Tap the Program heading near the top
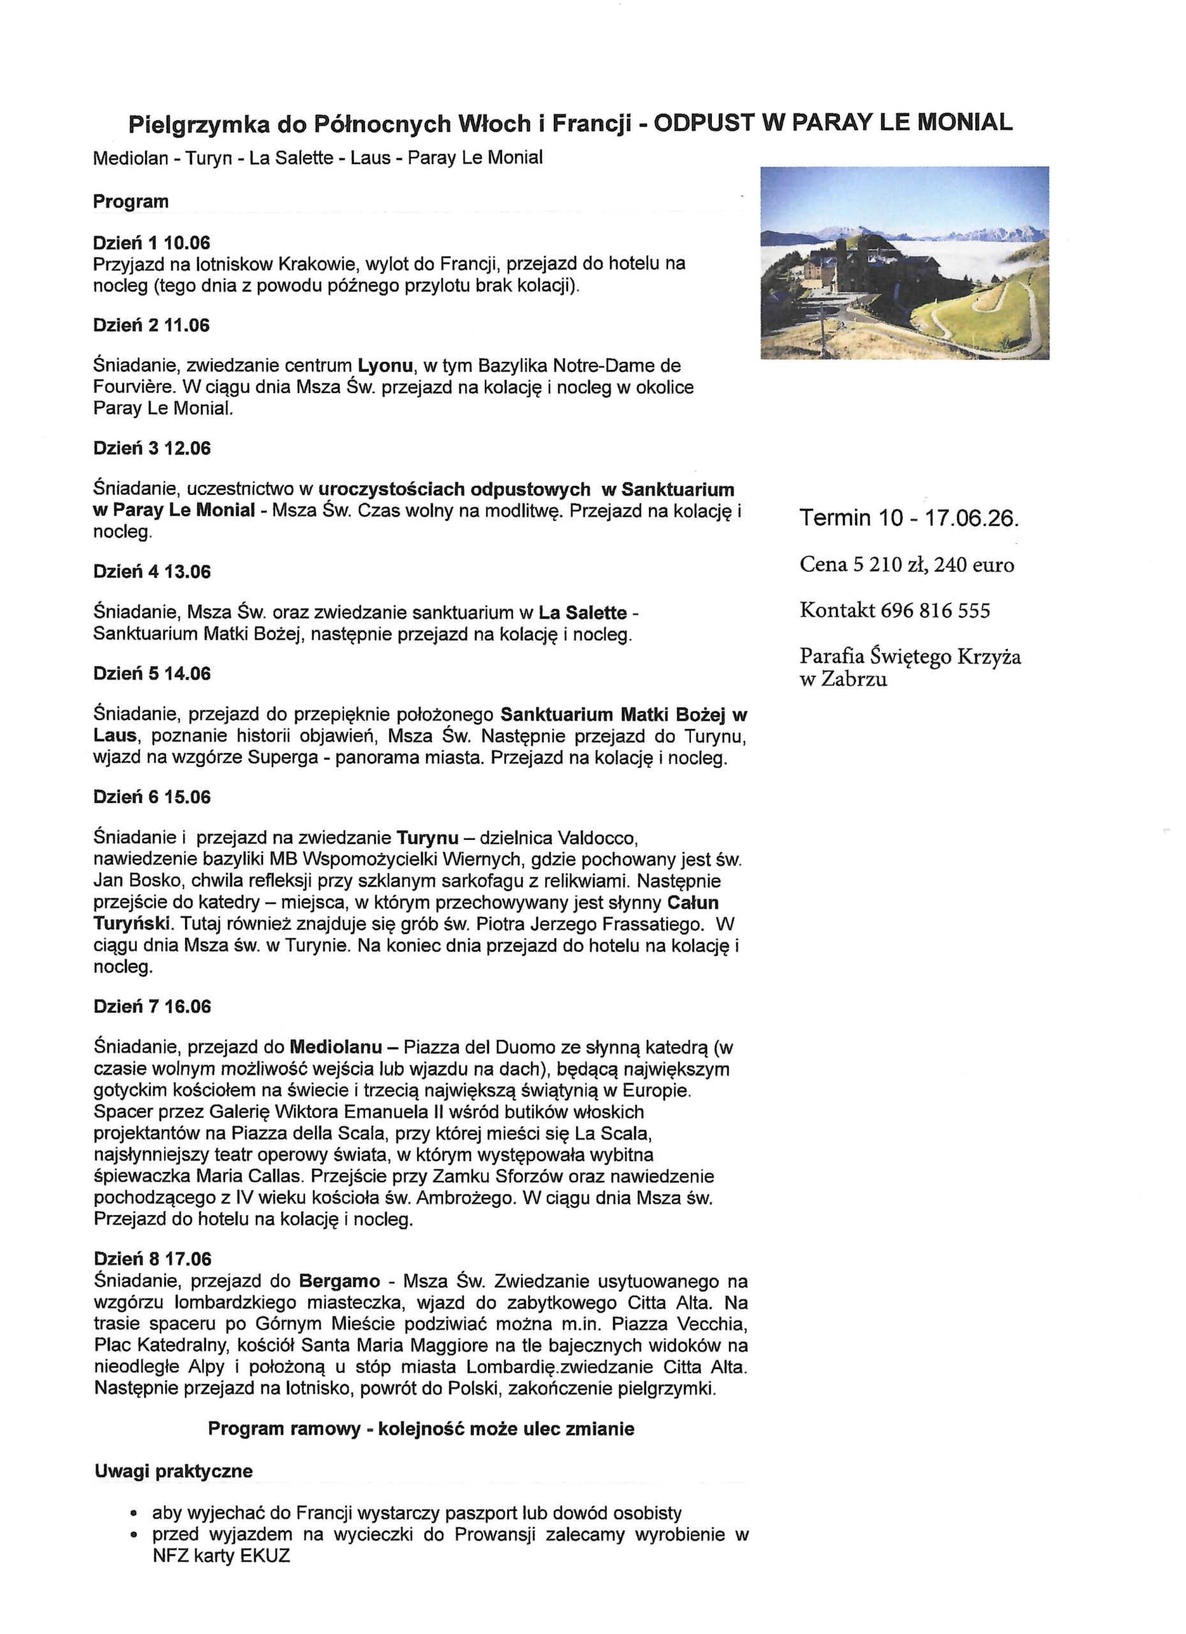tap(130, 202)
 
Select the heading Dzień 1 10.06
tap(151, 242)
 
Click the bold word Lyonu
tap(385, 365)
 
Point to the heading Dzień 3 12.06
tap(151, 448)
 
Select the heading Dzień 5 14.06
tap(151, 673)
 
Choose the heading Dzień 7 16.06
tap(151, 1007)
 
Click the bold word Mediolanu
tap(335, 1047)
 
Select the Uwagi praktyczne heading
tap(174, 1471)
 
